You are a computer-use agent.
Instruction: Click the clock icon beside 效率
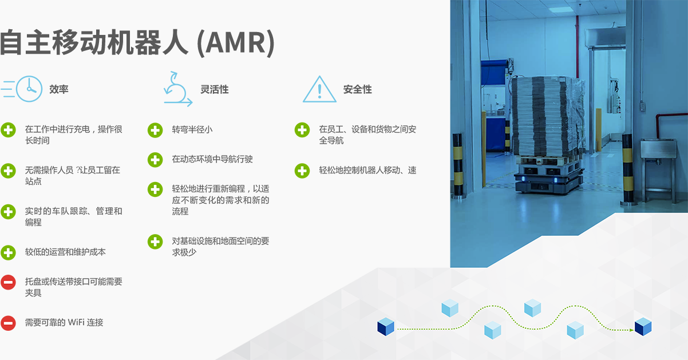(29, 89)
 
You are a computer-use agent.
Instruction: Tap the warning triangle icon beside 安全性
(319, 89)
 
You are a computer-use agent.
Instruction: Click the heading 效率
(58, 89)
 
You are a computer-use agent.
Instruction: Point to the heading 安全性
(358, 89)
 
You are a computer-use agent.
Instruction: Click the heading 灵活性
(215, 89)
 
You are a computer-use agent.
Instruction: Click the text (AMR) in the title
(235, 42)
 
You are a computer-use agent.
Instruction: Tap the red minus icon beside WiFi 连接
(8, 323)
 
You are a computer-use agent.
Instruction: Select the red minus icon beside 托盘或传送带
(8, 282)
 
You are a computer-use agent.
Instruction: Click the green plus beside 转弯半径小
(155, 130)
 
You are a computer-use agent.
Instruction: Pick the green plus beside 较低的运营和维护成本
(8, 252)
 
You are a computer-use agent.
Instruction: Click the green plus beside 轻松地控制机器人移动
(302, 171)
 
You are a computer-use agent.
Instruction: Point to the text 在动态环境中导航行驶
(212, 159)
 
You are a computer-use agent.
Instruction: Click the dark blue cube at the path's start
(386, 327)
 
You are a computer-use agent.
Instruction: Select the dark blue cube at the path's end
(643, 327)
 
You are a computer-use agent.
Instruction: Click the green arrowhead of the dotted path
(631, 330)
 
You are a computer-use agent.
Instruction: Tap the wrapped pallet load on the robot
(547, 116)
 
